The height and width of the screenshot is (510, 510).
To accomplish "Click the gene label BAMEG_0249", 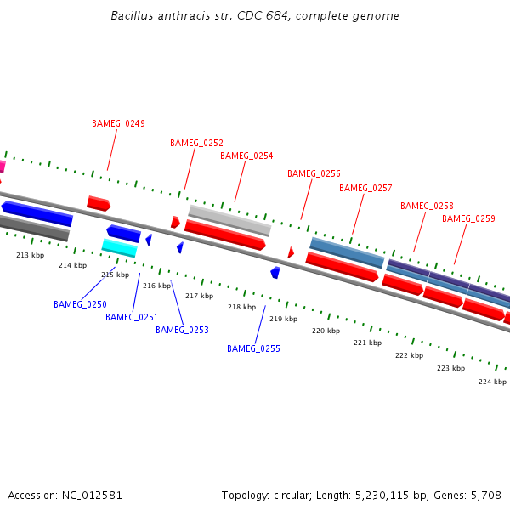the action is (118, 123).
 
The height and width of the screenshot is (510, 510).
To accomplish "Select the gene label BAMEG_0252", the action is (196, 143).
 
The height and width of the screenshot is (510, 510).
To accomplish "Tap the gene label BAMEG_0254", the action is (246, 156).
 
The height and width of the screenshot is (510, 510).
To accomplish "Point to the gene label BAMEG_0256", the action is (314, 173).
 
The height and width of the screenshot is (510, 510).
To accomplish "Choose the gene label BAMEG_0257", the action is (365, 188).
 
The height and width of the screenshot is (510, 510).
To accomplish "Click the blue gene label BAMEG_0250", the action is (80, 304).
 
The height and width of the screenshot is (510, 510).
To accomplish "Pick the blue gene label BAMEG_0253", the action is (182, 330).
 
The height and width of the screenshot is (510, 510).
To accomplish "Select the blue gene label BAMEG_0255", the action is (253, 348).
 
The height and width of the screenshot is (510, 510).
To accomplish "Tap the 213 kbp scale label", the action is (30, 255).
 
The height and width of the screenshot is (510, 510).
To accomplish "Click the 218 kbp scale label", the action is (241, 307).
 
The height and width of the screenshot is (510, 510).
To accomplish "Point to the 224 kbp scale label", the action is (492, 382).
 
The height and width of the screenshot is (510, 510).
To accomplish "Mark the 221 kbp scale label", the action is (367, 343).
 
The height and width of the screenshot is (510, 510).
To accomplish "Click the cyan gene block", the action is (119, 247).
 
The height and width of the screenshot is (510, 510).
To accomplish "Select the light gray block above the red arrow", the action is (229, 220).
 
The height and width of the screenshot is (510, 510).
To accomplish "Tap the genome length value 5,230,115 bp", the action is (400, 495).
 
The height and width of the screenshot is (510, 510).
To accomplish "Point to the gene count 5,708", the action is (485, 495).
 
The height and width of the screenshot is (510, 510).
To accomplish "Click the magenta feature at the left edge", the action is (3, 167).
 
